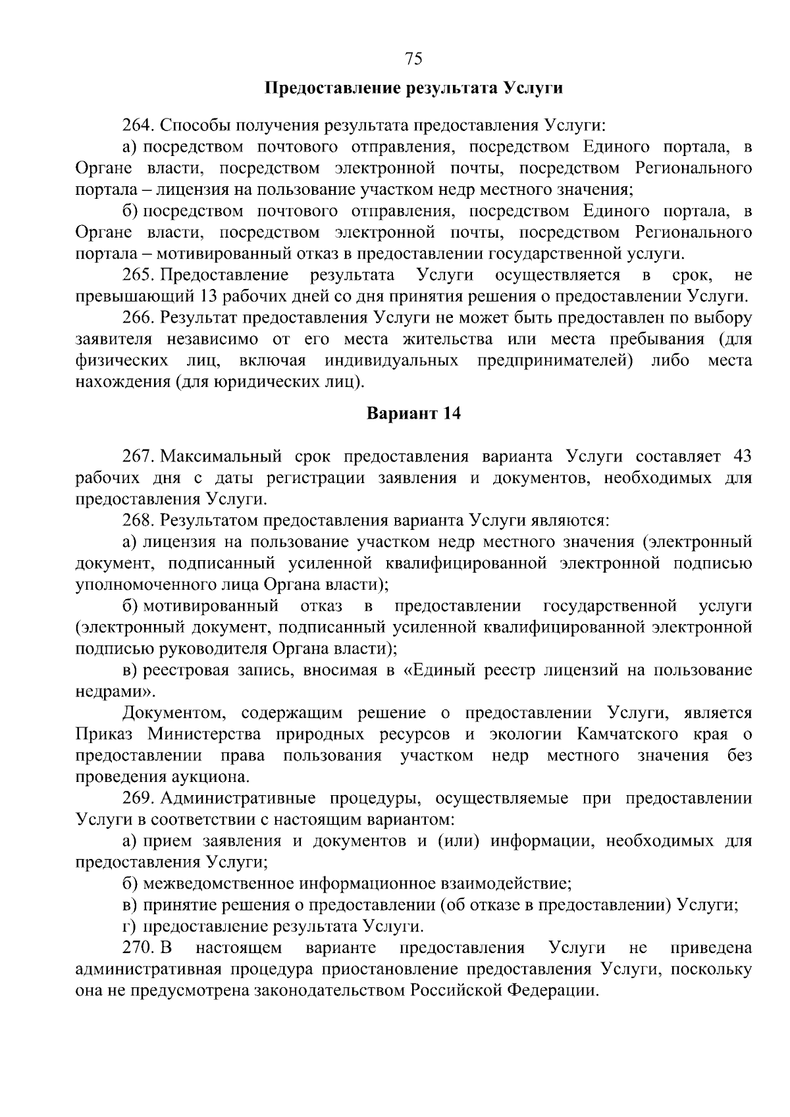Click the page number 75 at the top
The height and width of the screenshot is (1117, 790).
pyautogui.click(x=413, y=59)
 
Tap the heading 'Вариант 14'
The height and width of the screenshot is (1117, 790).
pyautogui.click(x=413, y=413)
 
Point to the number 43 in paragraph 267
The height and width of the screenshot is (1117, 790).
pyautogui.click(x=741, y=456)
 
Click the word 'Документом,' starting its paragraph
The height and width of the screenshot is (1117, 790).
pyautogui.click(x=173, y=714)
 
